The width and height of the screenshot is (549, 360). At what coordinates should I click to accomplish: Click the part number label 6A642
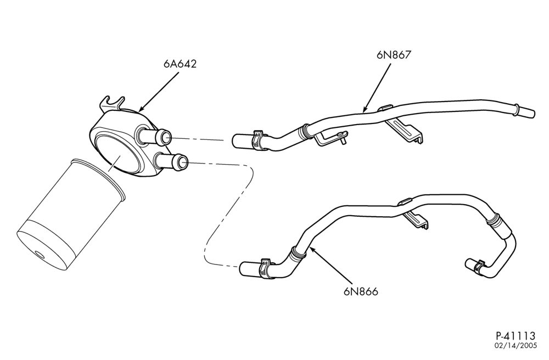click(x=180, y=64)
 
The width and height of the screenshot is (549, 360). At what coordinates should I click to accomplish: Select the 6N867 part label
click(x=393, y=55)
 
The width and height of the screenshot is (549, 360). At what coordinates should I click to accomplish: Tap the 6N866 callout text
click(x=361, y=291)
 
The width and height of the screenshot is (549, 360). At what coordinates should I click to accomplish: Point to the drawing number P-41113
click(x=516, y=336)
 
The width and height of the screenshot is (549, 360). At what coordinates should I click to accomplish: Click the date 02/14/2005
click(x=516, y=346)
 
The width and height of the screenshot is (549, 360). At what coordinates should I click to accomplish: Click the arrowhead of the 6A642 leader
click(x=142, y=109)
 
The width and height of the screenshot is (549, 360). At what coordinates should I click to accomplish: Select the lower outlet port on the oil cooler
click(x=171, y=161)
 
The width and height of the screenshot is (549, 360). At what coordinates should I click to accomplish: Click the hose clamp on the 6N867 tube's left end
click(x=257, y=140)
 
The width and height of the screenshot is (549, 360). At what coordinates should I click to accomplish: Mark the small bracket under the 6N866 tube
click(x=417, y=220)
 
